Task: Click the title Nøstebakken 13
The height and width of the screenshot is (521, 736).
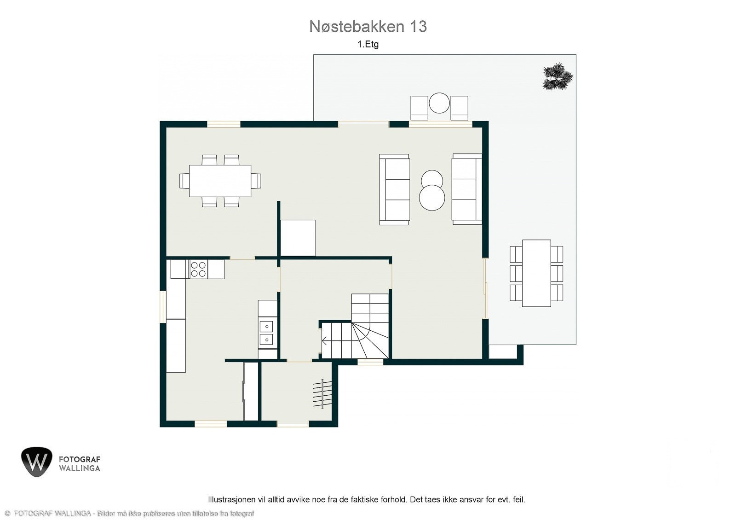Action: click(368, 27)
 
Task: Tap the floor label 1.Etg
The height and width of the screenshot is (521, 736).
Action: click(368, 45)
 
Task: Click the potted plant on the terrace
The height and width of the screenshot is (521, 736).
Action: click(558, 76)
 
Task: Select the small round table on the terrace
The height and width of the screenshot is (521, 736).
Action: click(439, 103)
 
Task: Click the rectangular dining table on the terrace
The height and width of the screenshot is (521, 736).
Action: click(536, 273)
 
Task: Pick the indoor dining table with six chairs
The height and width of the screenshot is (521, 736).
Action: click(220, 181)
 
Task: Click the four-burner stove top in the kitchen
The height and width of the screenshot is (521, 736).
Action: click(198, 269)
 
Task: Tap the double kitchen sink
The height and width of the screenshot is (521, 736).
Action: click(266, 333)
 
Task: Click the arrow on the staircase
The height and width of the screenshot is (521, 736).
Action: click(325, 341)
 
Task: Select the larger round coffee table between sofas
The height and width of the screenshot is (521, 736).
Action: click(432, 198)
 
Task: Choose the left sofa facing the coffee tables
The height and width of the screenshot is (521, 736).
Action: click(394, 189)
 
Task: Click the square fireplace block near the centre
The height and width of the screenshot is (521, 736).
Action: click(298, 238)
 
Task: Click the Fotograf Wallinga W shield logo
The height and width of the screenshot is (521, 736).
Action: click(37, 462)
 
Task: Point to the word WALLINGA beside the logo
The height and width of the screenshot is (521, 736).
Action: click(79, 468)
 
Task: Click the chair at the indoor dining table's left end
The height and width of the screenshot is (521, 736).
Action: click(184, 181)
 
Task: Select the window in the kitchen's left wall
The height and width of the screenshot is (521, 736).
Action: click(162, 306)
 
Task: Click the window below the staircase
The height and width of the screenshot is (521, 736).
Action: click(370, 362)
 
